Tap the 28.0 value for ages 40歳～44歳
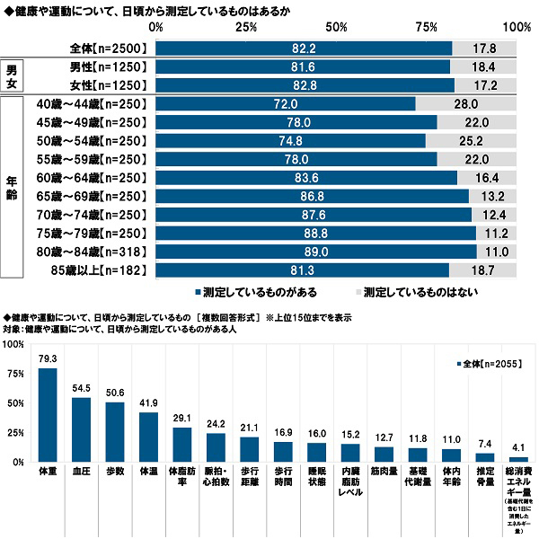465,104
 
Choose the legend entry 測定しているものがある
254,292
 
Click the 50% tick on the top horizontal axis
336,28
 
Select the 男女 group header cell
12,75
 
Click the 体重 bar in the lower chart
49,414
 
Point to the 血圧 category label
81,470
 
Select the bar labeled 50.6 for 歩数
115,431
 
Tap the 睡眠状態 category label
316,474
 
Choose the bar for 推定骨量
485,456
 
